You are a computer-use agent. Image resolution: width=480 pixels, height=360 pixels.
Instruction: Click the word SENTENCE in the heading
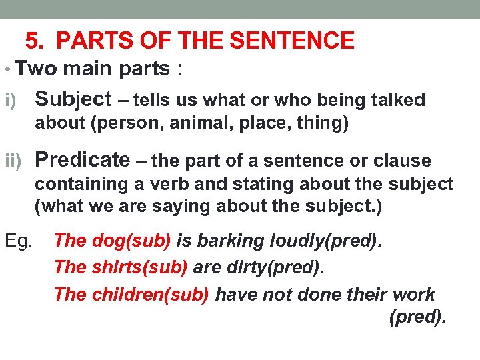(293, 41)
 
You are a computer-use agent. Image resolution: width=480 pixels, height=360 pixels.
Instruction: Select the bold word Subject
(73, 99)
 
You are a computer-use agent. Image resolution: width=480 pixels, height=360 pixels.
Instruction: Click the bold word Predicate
(82, 160)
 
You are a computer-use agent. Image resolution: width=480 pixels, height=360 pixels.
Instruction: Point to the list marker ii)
(15, 161)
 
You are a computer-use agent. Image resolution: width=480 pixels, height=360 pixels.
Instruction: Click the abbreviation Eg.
(18, 240)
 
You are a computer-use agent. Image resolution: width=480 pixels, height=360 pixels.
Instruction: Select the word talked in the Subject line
(397, 101)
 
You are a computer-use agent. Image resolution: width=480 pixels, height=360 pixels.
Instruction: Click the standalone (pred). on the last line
(417, 317)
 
